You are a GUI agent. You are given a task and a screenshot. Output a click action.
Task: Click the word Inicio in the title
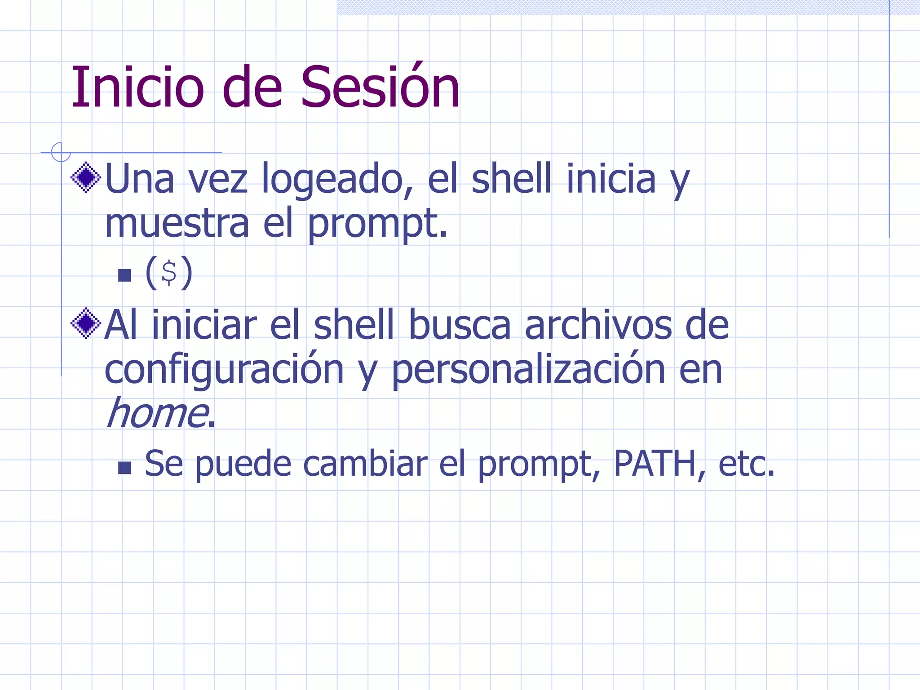point(137,88)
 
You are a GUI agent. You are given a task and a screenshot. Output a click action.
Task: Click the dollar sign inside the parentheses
point(169,273)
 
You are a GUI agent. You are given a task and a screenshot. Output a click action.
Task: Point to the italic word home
point(157,413)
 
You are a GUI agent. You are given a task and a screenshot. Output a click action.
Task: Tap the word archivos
point(598,326)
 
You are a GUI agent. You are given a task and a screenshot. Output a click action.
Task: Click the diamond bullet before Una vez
point(86,178)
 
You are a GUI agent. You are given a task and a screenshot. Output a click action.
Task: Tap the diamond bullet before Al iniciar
point(86,323)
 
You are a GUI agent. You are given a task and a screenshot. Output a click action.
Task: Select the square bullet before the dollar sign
point(124,275)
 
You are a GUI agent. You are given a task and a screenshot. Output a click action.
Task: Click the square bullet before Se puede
point(124,468)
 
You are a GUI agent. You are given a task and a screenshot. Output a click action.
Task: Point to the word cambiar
point(365,464)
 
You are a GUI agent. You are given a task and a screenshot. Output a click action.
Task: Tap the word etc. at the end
point(746,464)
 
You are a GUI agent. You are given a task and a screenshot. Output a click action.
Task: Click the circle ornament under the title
point(61,152)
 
